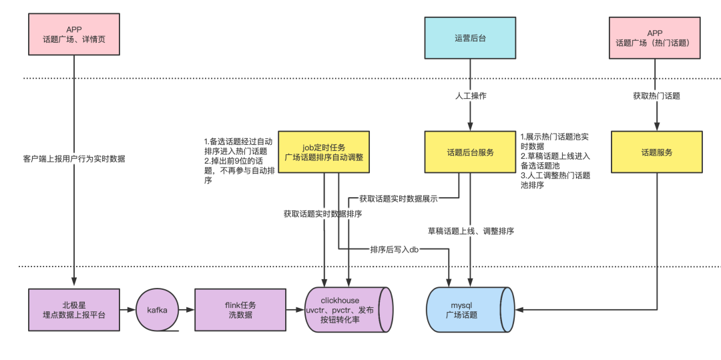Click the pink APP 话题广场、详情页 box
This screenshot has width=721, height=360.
pos(74,35)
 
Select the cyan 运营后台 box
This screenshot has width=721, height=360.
pos(470,38)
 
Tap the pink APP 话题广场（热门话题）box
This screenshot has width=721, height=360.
pos(655,38)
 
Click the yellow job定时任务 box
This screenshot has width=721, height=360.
pos(324,152)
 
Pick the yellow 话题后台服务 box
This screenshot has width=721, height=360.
pos(470,152)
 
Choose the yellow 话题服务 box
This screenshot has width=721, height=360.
pos(657,152)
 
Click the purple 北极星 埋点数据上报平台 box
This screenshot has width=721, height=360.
pos(74,309)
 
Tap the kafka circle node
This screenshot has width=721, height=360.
pos(158,310)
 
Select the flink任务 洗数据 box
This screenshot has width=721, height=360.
pos(240,309)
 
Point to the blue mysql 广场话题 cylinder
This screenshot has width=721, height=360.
pos(470,309)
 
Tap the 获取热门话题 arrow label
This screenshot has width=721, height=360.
pos(656,97)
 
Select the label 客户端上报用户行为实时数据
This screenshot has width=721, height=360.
pos(74,159)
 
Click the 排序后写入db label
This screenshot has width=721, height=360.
pos(396,249)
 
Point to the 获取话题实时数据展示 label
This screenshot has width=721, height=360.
pos(399,198)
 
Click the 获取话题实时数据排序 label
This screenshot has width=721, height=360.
pos(323,214)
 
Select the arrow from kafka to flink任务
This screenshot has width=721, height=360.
pos(187,309)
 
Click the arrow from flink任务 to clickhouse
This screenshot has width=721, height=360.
pos(296,309)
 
